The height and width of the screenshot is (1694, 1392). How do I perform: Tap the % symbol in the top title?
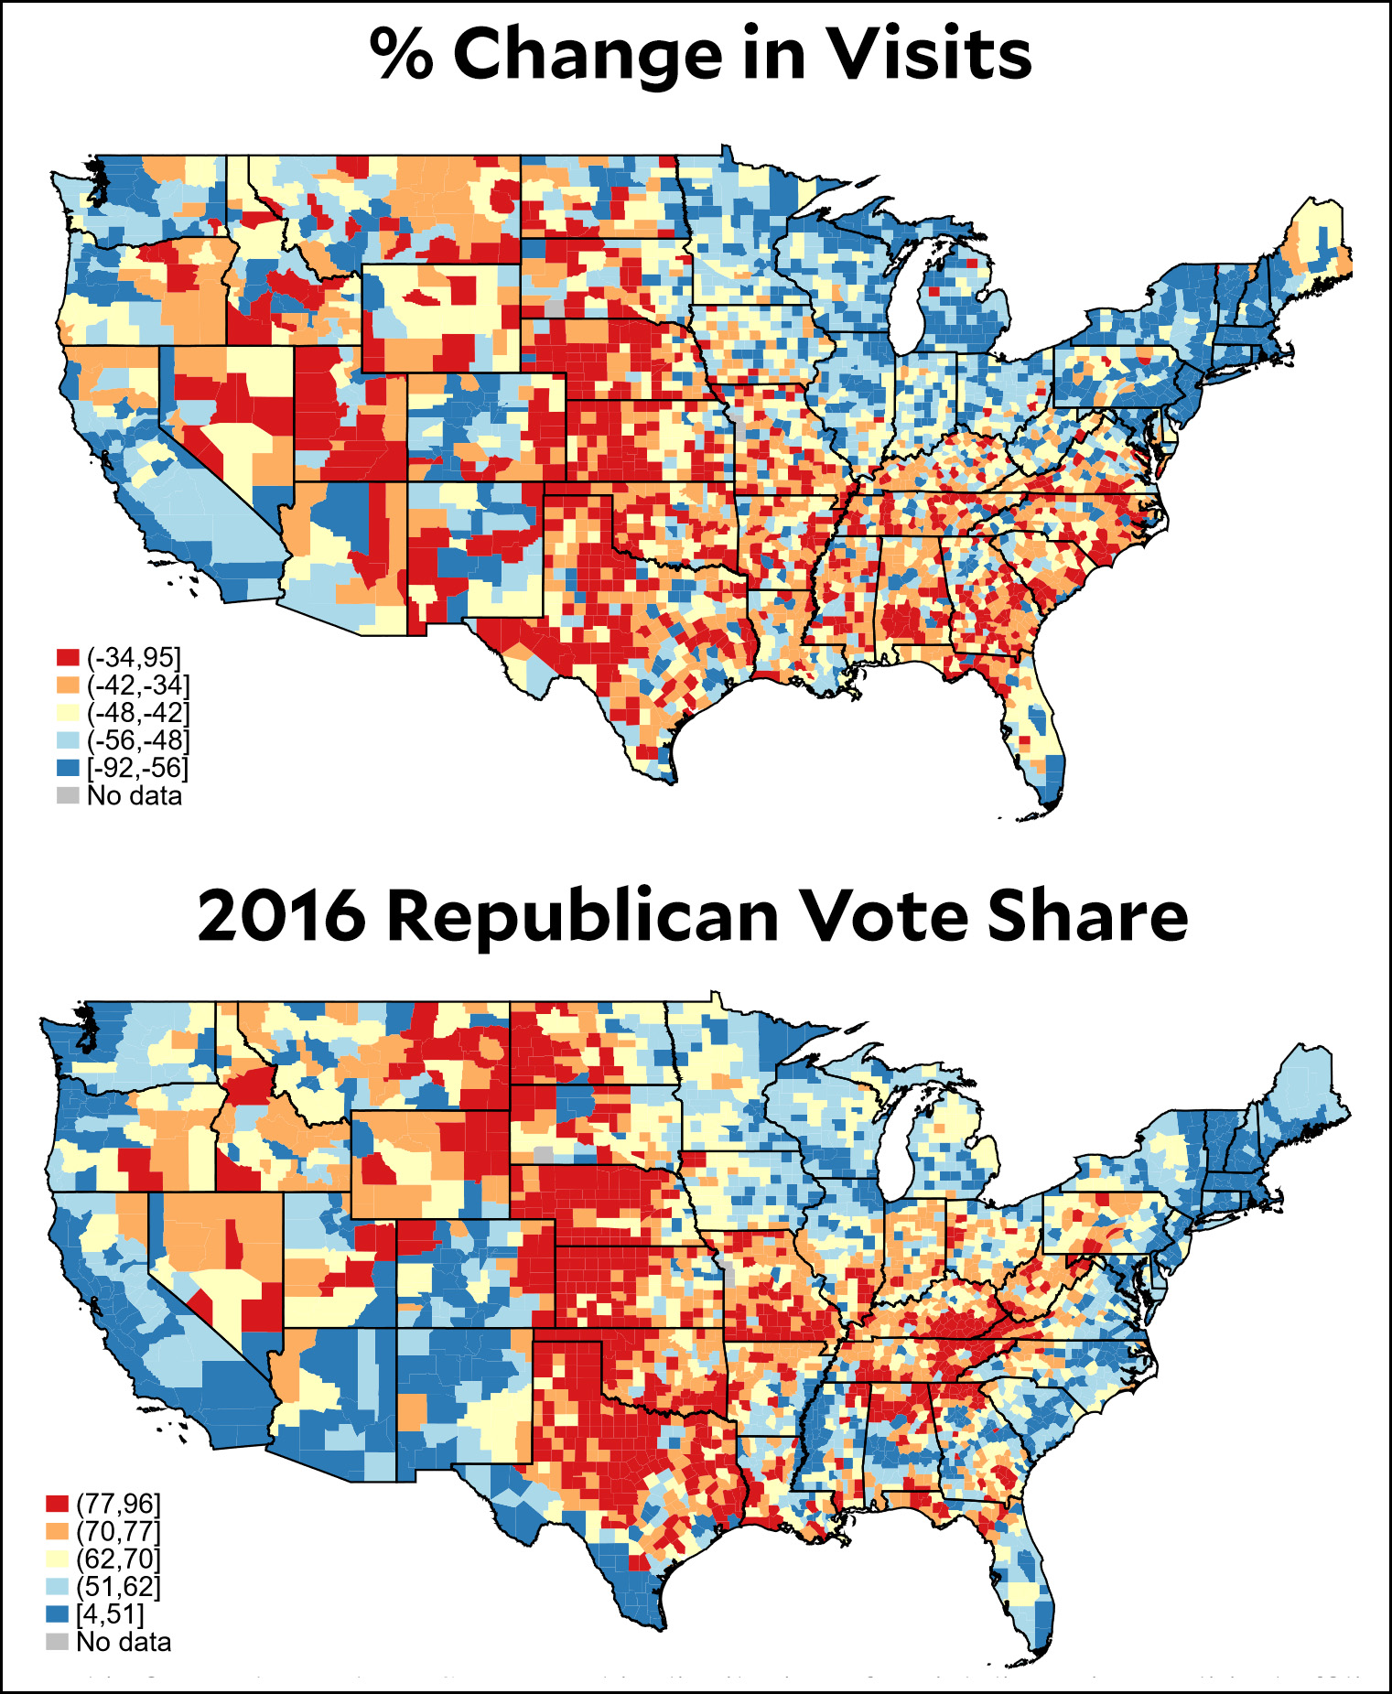coord(401,54)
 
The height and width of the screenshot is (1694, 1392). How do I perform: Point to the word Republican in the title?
coord(582,918)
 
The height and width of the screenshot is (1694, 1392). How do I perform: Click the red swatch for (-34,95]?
coord(68,657)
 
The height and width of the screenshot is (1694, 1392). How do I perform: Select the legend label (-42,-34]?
coord(138,685)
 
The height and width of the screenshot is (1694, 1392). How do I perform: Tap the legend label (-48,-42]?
coord(138,712)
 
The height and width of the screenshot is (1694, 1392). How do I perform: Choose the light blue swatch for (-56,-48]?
coord(68,740)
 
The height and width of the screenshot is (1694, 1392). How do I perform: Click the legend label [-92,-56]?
coord(137,768)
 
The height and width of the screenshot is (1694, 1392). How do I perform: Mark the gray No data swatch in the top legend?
coord(68,795)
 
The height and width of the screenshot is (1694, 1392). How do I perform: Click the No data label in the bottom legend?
coord(124,1642)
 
